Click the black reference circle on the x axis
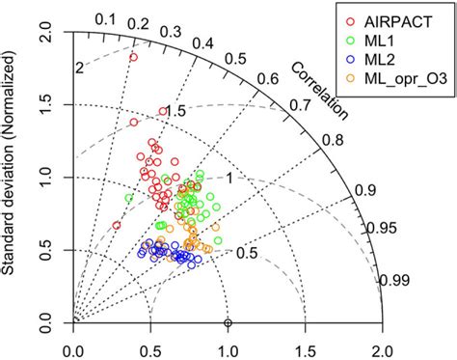tap(228, 321)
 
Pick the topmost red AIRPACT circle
tap(133, 57)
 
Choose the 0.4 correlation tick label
tap(203, 42)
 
